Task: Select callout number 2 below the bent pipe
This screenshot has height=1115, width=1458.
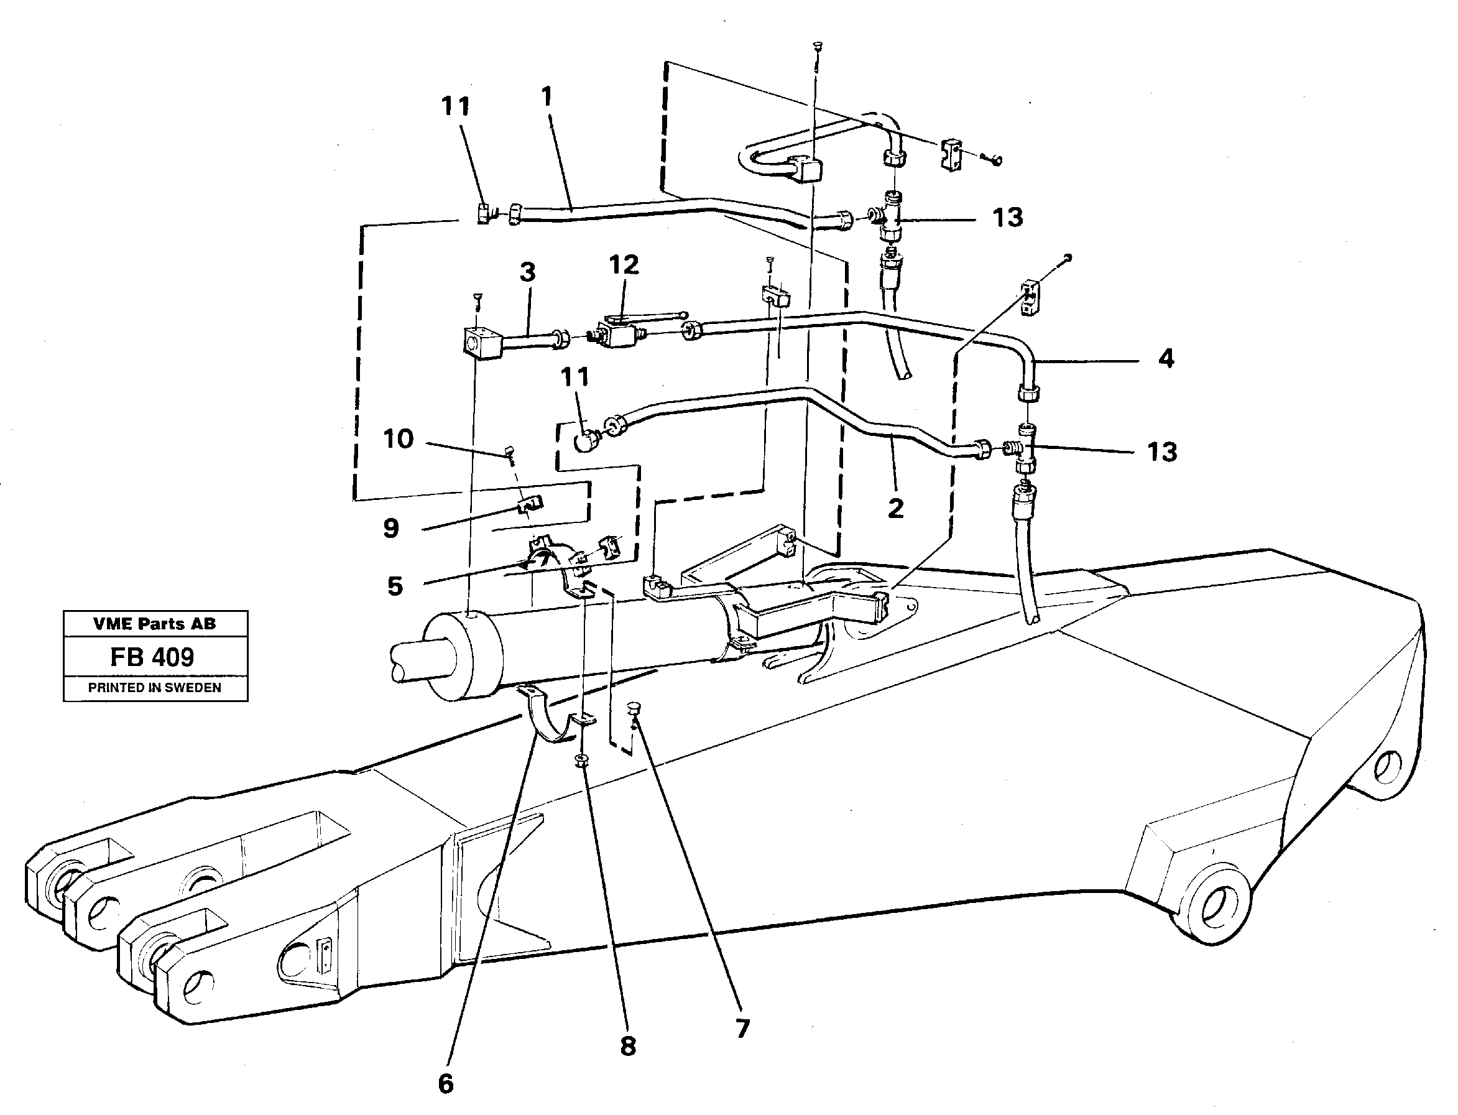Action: [895, 509]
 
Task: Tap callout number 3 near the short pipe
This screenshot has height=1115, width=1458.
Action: [528, 272]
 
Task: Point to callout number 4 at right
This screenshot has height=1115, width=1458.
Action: [1166, 359]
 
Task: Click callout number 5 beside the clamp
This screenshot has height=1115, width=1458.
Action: [395, 586]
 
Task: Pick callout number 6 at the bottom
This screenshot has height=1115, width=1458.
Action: [446, 1084]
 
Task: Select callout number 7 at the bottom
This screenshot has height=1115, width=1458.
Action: [742, 1029]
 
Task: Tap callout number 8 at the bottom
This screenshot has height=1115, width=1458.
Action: [628, 1047]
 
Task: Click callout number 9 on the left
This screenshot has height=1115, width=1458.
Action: [391, 529]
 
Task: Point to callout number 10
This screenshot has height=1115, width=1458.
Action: [398, 438]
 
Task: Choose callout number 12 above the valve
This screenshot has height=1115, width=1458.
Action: [624, 265]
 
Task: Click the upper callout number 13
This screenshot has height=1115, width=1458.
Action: [1007, 218]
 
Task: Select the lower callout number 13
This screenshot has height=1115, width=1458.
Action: [1162, 452]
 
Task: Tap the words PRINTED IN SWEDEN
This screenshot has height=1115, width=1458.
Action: [155, 688]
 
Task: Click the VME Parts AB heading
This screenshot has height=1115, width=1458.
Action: [155, 624]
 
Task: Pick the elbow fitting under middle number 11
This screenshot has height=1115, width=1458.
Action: [585, 440]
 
